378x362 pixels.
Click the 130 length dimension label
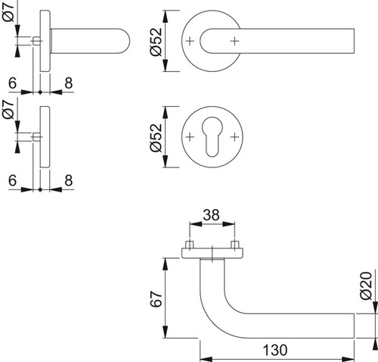click(x=274, y=350)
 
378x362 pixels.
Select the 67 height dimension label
click(x=156, y=299)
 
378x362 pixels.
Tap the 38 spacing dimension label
click(x=211, y=215)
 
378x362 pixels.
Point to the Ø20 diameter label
click(x=366, y=286)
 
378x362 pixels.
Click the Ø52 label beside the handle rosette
click(x=156, y=42)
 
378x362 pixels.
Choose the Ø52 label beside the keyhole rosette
click(x=156, y=138)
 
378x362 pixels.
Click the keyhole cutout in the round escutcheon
click(x=212, y=136)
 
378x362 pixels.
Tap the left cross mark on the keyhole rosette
click(x=190, y=137)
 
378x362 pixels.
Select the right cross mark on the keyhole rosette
click(x=234, y=137)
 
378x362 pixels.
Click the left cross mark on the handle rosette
click(x=190, y=41)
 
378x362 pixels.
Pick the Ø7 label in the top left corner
click(x=8, y=11)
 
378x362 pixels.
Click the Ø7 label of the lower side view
click(x=8, y=108)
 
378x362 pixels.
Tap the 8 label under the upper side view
click(x=69, y=83)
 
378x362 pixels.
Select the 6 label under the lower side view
click(x=12, y=180)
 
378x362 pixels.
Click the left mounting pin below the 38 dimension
click(x=190, y=245)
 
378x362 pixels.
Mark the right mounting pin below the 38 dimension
click(x=235, y=245)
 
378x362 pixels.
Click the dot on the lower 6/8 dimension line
click(x=40, y=189)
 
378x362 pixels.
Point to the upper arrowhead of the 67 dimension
click(x=166, y=264)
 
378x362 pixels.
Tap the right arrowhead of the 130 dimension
click(x=349, y=359)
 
